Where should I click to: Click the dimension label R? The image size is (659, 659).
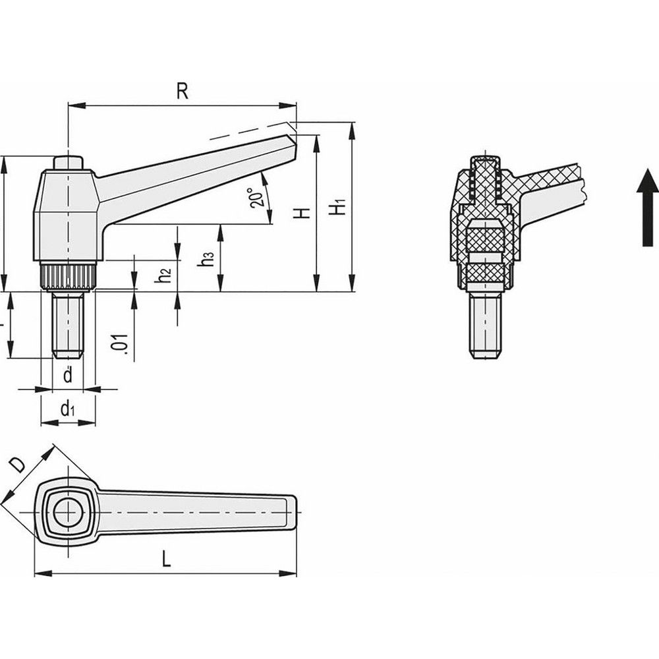183,92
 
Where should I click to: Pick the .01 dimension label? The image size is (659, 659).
119,344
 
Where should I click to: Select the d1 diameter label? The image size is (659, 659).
67,409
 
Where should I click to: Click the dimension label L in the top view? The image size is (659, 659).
166,561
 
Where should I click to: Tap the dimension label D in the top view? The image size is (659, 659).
18,465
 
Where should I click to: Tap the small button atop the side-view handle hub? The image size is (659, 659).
67,162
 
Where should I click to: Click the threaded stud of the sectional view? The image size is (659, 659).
484,326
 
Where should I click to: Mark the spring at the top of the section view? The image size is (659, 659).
484,181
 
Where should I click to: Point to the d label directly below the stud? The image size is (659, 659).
67,376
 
